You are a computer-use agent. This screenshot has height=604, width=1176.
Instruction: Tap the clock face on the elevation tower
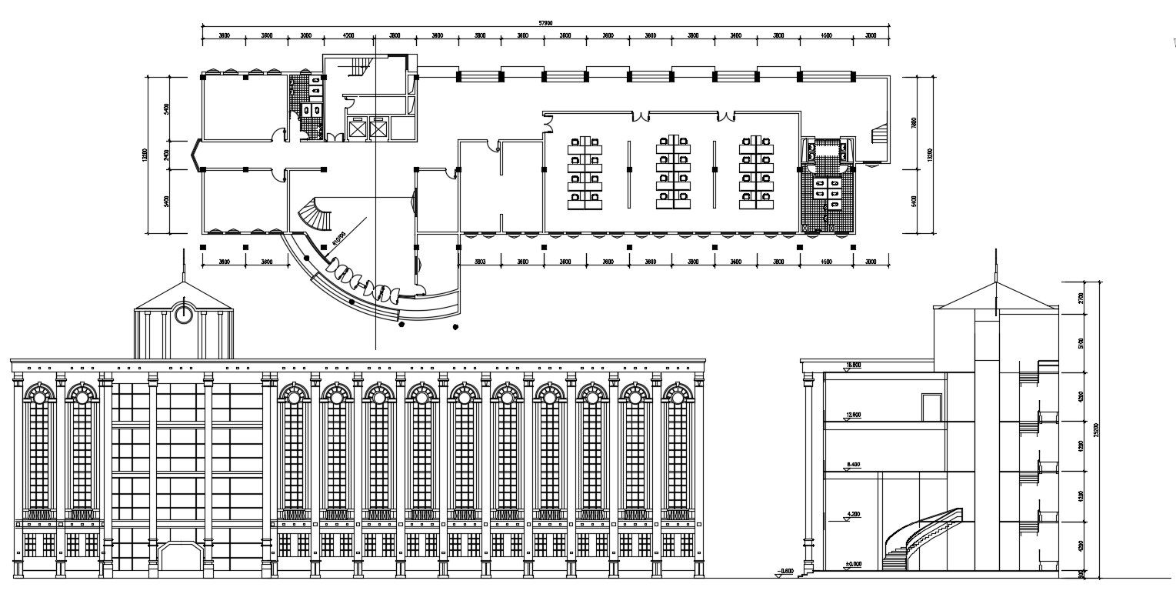coord(183,314)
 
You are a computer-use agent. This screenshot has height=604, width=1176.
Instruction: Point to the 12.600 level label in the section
coord(852,415)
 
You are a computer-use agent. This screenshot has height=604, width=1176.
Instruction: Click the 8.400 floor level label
coord(852,465)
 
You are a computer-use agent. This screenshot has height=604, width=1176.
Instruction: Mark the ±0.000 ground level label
coord(852,565)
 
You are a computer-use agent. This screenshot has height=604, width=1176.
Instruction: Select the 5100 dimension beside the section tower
coord(1081,343)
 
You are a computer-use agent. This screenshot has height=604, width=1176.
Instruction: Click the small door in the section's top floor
coord(931,407)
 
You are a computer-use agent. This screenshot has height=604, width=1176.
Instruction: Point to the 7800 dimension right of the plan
coord(913,122)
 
